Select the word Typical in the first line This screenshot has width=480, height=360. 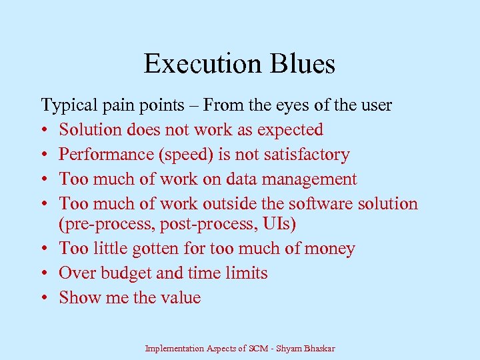[x=65, y=105]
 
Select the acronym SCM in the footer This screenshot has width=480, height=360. [x=257, y=349]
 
